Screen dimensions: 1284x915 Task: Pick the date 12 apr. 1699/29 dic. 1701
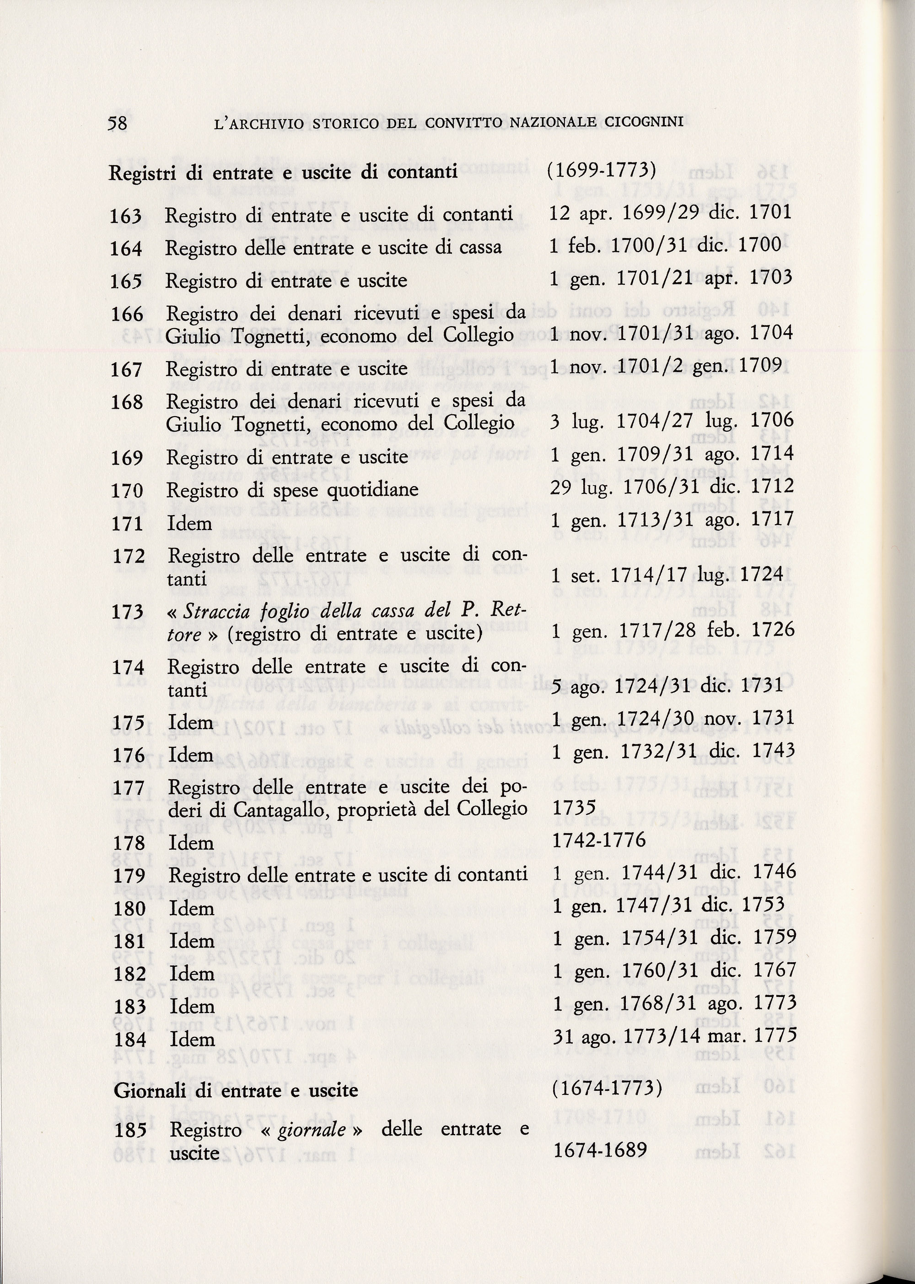click(670, 212)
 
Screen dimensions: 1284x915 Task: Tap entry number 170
click(127, 491)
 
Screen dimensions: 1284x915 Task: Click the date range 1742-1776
click(599, 840)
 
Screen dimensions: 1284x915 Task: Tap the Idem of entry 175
click(191, 723)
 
